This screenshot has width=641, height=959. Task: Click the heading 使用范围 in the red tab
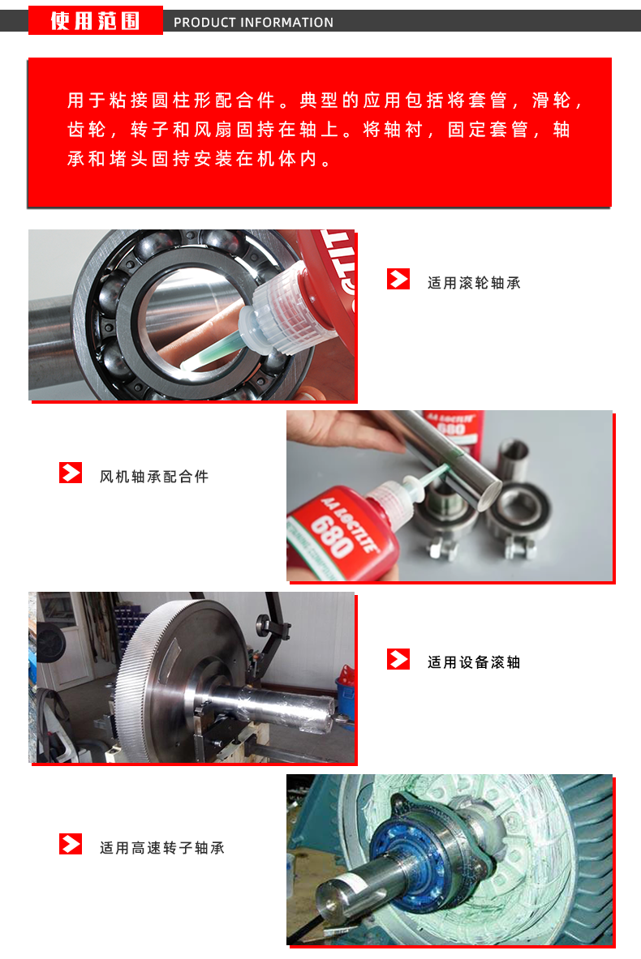(96, 21)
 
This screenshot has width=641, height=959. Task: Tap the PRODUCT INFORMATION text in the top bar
(253, 23)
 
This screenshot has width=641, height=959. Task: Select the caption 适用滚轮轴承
(474, 283)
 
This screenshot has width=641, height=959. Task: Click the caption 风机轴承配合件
(154, 477)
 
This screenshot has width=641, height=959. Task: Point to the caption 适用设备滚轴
(474, 662)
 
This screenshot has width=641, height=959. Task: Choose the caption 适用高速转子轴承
(162, 848)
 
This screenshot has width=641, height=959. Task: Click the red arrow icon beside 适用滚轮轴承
(398, 279)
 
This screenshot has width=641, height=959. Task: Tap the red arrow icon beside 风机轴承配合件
(71, 473)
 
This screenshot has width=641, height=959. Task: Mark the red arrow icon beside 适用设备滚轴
(398, 659)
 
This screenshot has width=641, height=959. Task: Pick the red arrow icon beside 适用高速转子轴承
(71, 844)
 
